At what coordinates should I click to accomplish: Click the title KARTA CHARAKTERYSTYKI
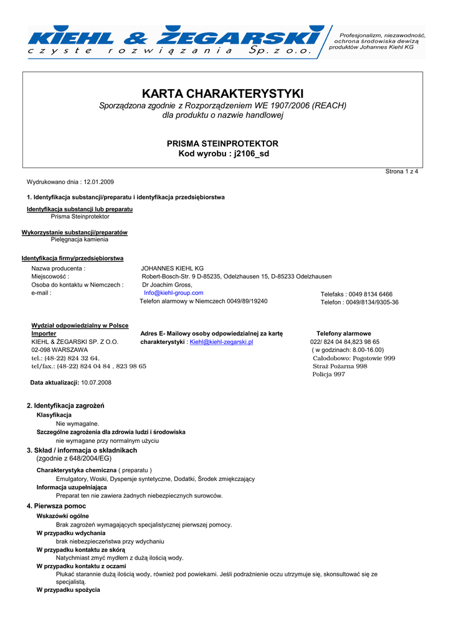click(222, 93)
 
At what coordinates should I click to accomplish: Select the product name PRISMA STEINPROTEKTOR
click(222, 143)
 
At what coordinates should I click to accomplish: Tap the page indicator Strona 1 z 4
click(402, 171)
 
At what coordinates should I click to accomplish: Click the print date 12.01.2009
click(98, 182)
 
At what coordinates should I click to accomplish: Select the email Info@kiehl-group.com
click(174, 293)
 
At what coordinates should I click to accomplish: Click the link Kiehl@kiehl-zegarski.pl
click(221, 342)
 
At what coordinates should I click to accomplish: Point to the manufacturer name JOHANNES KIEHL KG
click(173, 269)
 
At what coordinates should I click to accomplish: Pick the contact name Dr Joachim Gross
click(168, 285)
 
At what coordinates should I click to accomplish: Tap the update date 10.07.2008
click(92, 383)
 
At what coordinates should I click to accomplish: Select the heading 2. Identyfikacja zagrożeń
click(65, 406)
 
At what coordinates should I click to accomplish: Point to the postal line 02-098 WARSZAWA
click(59, 350)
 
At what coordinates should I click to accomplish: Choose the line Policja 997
click(328, 374)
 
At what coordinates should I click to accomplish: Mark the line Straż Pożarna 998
click(339, 366)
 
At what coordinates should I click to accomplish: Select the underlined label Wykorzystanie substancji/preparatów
click(75, 232)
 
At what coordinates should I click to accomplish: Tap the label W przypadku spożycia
click(68, 589)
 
